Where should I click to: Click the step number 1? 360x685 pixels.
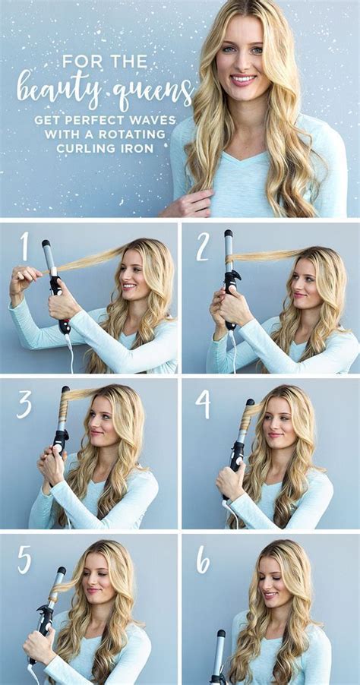[x=24, y=246]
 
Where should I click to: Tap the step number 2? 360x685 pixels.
[x=203, y=248]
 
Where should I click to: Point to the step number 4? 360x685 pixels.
[x=203, y=404]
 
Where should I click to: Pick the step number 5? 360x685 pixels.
[x=25, y=560]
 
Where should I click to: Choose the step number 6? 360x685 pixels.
[x=203, y=560]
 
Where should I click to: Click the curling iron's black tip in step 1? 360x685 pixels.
[x=46, y=243]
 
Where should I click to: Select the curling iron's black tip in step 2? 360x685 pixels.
[x=229, y=233]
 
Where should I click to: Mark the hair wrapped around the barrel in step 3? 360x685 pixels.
[x=64, y=403]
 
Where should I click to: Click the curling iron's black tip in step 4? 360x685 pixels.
[x=250, y=402]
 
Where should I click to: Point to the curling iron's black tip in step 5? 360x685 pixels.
[x=62, y=570]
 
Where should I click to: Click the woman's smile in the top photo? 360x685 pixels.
[x=243, y=80]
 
